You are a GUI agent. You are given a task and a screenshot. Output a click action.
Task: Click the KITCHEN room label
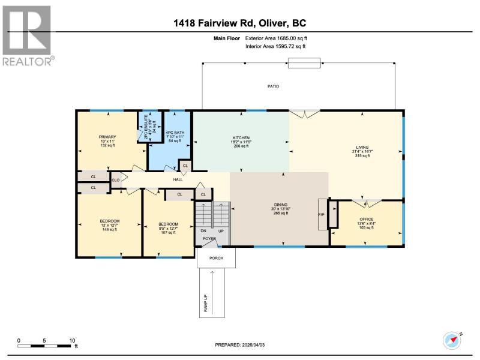coord(241,138)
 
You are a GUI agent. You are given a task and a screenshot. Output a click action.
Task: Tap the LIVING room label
coord(362,147)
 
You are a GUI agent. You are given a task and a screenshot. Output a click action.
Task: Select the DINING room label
coord(281,205)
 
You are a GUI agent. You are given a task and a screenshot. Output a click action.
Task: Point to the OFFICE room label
coord(367,219)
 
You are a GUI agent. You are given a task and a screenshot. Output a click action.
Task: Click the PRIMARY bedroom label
coord(107,137)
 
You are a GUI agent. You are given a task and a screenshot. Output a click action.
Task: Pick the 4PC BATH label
coord(175,133)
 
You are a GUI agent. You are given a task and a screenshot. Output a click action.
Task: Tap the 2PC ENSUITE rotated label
coord(146,127)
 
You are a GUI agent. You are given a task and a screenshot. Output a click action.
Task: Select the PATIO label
coord(273,86)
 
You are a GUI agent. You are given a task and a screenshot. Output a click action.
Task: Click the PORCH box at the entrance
coord(216,258)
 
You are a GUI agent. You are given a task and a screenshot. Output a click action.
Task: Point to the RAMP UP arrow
coord(212,292)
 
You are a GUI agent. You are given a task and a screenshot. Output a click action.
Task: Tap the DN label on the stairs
coord(203,231)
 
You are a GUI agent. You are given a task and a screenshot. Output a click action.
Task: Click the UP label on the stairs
coord(221,231)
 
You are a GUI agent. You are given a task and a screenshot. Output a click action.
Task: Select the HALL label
coord(178,179)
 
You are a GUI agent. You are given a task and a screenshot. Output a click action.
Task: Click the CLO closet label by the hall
coord(115,180)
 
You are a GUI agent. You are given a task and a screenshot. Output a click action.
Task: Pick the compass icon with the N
coord(452,340)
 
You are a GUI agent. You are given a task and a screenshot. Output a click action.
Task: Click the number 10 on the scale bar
coord(72,341)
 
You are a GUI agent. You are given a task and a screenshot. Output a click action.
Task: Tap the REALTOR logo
coord(27,35)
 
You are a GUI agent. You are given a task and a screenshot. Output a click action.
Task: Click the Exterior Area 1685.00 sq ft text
coord(276,38)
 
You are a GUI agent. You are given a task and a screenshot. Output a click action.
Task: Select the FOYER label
coord(209,238)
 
